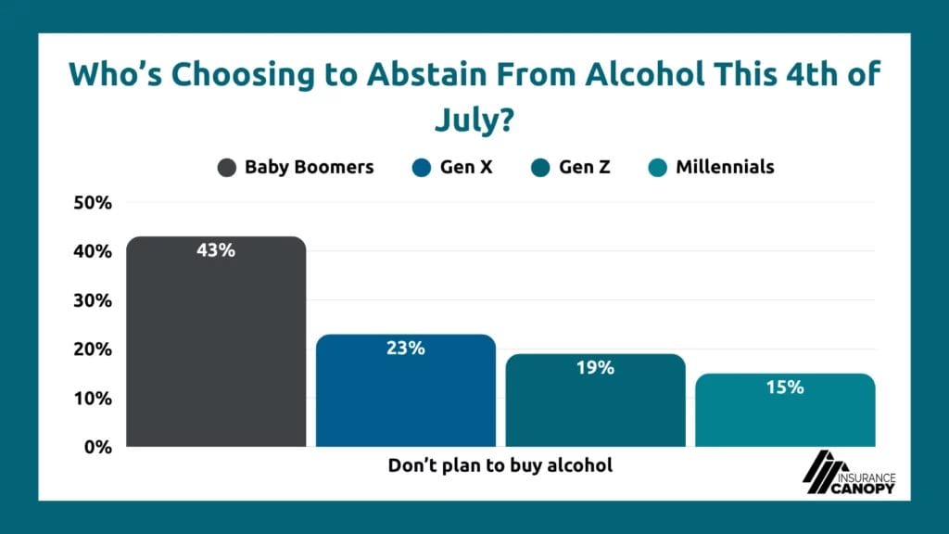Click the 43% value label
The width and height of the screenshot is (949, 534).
pos(216,250)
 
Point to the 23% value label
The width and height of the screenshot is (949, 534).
pos(406,349)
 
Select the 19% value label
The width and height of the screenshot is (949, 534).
pos(595,368)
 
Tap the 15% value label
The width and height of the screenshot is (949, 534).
pos(785,388)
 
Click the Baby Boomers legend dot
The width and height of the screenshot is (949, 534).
pos(226,168)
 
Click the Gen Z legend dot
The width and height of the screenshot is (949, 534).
pos(541,168)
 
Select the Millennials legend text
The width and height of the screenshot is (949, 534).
pos(725,168)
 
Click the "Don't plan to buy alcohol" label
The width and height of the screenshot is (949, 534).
pos(500,465)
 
